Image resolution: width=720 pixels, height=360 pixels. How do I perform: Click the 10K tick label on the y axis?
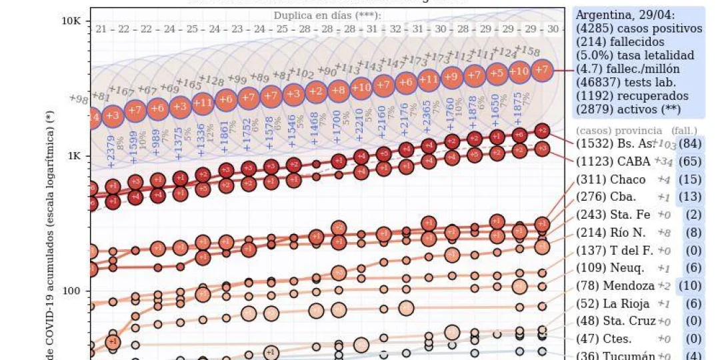(x=71, y=21)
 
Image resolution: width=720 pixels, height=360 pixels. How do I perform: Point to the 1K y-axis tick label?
(x=73, y=155)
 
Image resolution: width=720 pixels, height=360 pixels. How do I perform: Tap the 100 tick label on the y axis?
(x=71, y=291)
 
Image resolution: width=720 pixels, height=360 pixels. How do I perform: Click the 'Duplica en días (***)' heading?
(x=327, y=15)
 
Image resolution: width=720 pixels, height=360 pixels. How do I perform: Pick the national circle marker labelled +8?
(x=338, y=89)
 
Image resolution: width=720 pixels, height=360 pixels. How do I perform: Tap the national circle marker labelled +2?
(x=315, y=91)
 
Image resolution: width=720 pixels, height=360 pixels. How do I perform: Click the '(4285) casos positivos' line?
(x=639, y=29)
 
